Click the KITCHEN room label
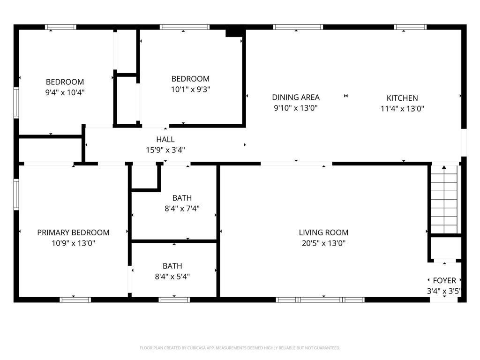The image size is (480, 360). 402,98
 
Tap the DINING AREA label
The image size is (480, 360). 296,97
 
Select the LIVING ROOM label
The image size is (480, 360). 323,232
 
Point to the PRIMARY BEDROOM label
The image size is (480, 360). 73,232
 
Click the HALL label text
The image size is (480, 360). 165,139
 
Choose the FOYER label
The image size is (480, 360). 444,280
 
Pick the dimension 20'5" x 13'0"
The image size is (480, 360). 323,243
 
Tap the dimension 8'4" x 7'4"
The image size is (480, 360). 182,209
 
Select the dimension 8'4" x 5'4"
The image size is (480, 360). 172,277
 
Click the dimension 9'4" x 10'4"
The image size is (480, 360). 65,92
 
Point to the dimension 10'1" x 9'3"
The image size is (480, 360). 190,90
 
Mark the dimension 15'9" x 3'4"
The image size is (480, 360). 165,150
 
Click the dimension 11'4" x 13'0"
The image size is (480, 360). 402,109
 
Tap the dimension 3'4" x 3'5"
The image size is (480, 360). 444,291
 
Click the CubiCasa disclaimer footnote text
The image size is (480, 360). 240,348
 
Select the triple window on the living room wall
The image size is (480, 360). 320,300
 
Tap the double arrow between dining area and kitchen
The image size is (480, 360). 346,96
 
